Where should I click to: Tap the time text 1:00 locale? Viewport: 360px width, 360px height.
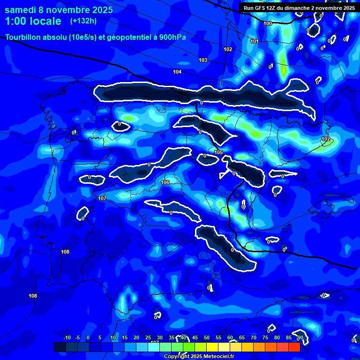(33, 21)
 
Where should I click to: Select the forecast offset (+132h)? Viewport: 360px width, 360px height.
(83, 21)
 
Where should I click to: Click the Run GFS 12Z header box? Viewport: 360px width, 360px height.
(299, 7)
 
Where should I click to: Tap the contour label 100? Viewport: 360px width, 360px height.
(268, 23)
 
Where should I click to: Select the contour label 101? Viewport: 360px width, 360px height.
(255, 42)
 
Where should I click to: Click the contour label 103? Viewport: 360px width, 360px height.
(203, 60)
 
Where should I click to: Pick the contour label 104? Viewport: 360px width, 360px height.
(177, 72)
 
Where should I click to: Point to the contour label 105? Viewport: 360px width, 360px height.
(218, 152)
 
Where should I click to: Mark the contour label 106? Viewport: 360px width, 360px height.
(165, 182)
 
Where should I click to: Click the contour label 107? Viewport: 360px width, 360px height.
(102, 198)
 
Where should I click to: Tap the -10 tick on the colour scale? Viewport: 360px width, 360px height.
(67, 338)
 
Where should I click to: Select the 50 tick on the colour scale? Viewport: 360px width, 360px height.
(207, 338)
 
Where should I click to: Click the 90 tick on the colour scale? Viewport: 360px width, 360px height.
(300, 338)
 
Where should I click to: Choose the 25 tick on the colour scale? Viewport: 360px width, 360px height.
(148, 338)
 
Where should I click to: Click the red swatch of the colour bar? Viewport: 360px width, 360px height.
(294, 347)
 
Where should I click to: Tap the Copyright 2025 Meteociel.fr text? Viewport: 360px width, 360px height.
(199, 356)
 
